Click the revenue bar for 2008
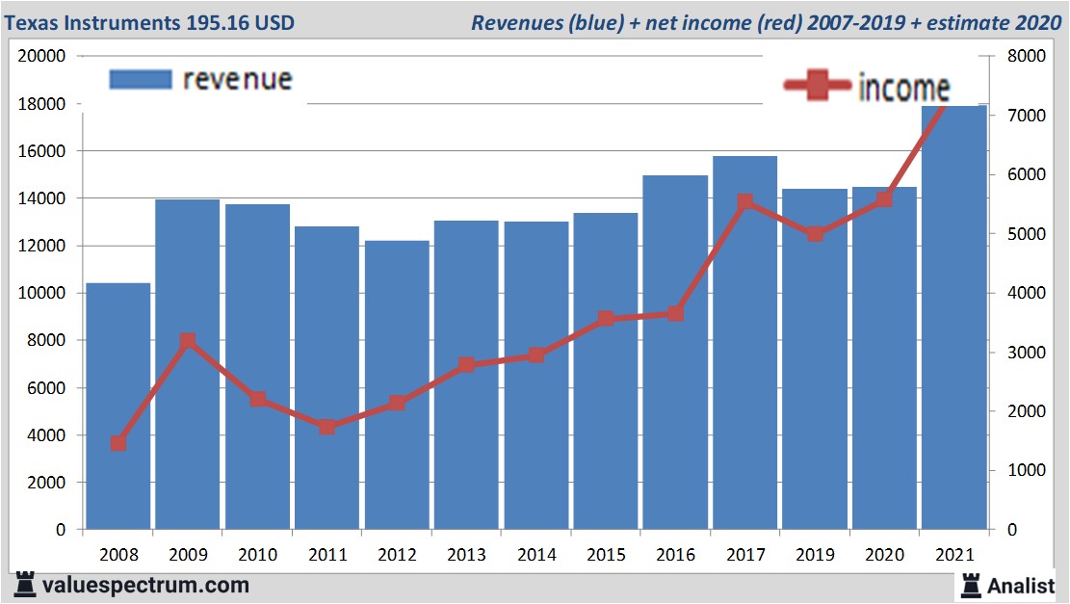(x=118, y=406)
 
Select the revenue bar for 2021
(x=954, y=318)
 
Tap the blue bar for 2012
(x=397, y=385)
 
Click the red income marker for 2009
(x=188, y=341)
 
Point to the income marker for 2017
(x=744, y=202)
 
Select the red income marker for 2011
(x=327, y=426)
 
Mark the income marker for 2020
(x=884, y=199)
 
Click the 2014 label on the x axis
(x=536, y=555)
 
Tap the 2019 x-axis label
(x=815, y=555)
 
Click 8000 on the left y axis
(x=45, y=340)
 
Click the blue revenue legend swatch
(x=141, y=79)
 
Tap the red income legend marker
(x=817, y=87)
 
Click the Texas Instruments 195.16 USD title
(x=150, y=22)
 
